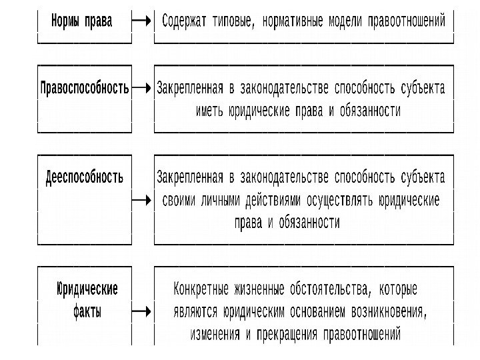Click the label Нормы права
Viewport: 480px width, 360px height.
pyautogui.click(x=81, y=21)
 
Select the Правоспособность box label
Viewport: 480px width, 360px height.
pyautogui.click(x=85, y=87)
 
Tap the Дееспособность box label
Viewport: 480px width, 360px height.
pyautogui.click(x=85, y=177)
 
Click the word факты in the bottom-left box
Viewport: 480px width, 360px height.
pyautogui.click(x=87, y=311)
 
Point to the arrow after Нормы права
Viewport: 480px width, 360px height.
pyautogui.click(x=142, y=21)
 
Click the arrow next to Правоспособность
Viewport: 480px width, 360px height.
pyautogui.click(x=141, y=87)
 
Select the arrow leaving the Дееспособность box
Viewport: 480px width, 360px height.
pyautogui.click(x=141, y=199)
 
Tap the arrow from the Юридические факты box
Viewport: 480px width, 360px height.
pyautogui.click(x=141, y=311)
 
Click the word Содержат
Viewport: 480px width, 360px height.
pyautogui.click(x=185, y=21)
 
